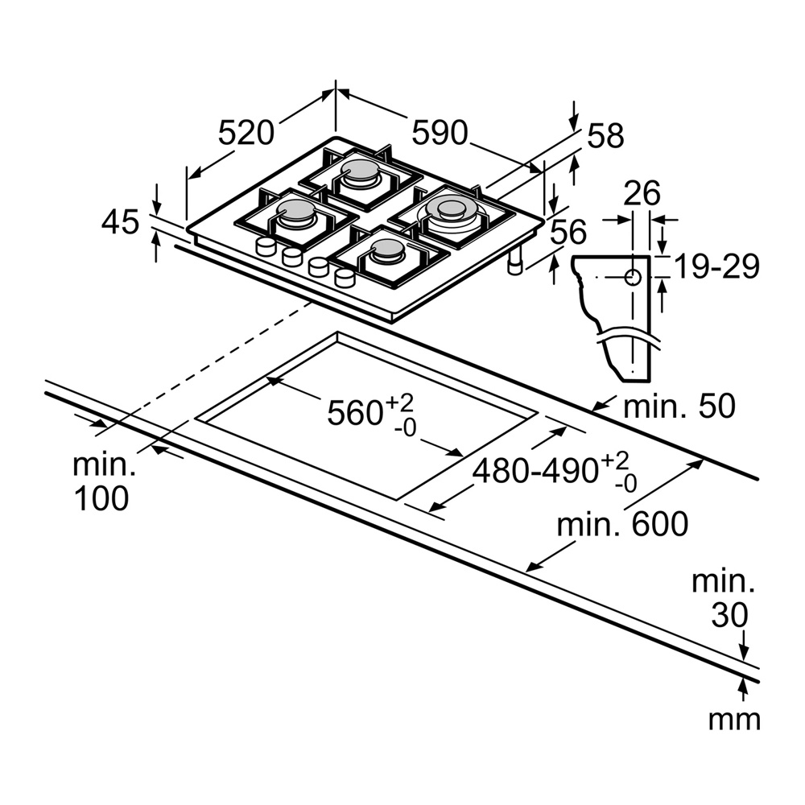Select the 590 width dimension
pyautogui.click(x=440, y=132)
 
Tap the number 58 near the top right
pyautogui.click(x=605, y=136)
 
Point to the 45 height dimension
pyautogui.click(x=122, y=221)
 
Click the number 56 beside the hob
pyautogui.click(x=569, y=233)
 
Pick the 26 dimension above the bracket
pyautogui.click(x=642, y=194)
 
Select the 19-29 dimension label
pyautogui.click(x=716, y=266)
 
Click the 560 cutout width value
pyautogui.click(x=354, y=412)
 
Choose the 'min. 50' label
pyautogui.click(x=679, y=407)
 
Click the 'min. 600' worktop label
pyautogui.click(x=623, y=525)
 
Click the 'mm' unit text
pyautogui.click(x=733, y=719)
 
